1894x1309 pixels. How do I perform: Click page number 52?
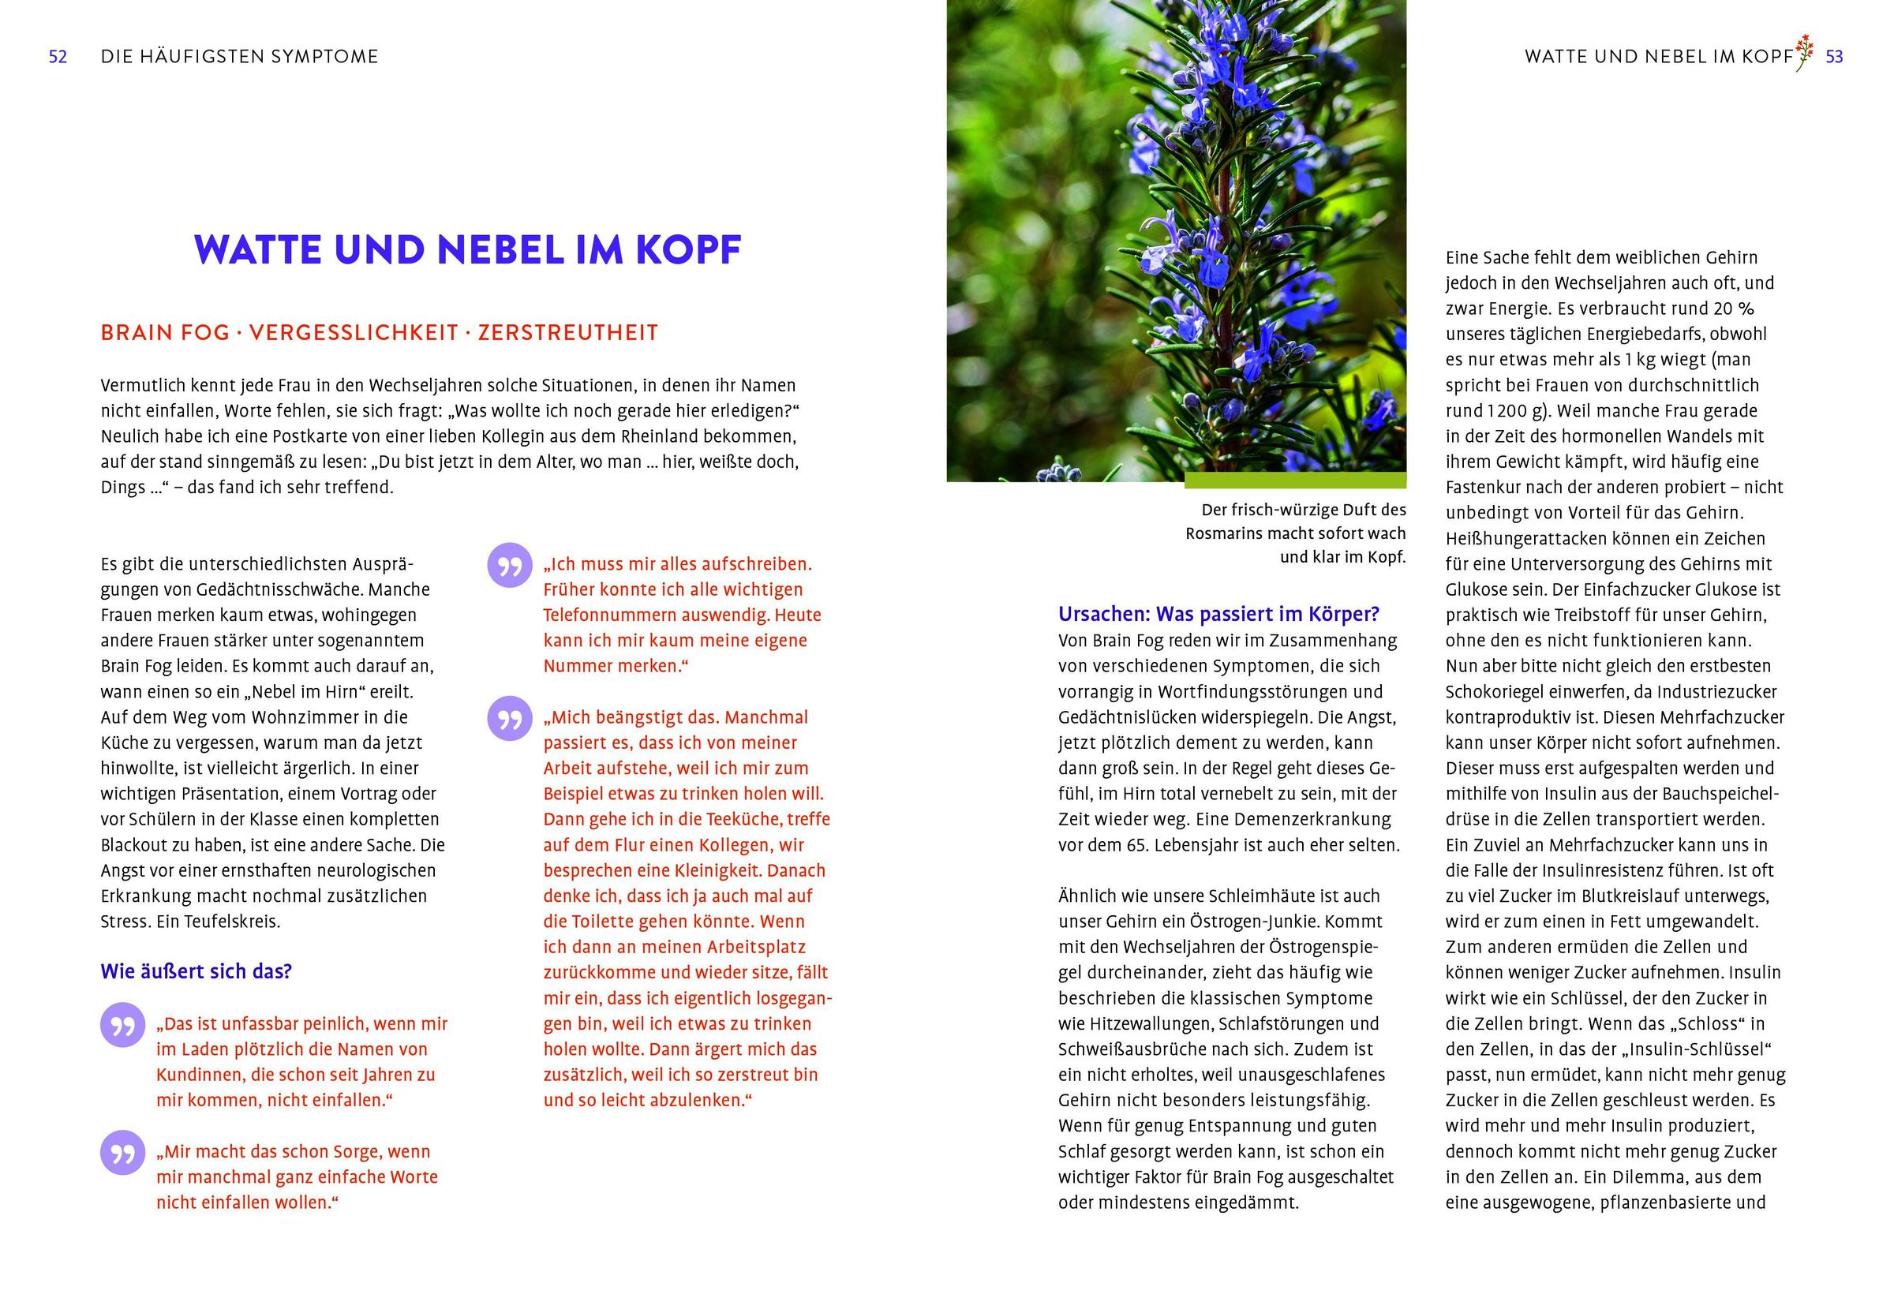(58, 57)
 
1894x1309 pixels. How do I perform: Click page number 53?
(1834, 57)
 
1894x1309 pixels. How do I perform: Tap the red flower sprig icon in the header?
(1804, 54)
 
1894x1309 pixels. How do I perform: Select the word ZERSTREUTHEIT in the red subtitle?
(567, 333)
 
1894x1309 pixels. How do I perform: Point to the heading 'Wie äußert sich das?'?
(196, 972)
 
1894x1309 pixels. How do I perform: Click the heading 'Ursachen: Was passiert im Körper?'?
(1218, 615)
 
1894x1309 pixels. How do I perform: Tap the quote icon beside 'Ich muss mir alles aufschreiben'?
(509, 566)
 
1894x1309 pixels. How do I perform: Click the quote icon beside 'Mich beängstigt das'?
(509, 720)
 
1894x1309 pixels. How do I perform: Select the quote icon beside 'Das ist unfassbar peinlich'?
(122, 1025)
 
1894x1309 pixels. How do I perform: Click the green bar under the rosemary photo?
(1294, 481)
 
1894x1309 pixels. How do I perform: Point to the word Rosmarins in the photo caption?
(1222, 534)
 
